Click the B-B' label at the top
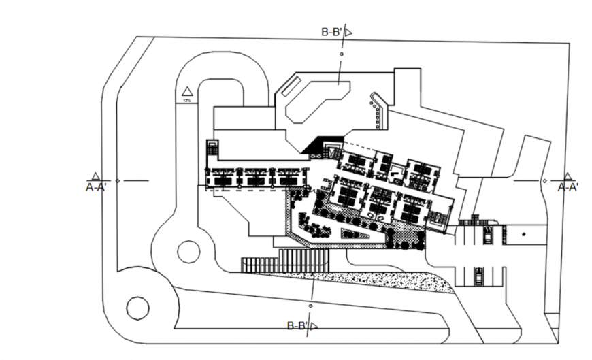click(331, 32)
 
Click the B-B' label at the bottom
click(297, 326)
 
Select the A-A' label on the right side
click(568, 186)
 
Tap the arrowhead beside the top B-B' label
click(348, 32)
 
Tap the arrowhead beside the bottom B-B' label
click(314, 327)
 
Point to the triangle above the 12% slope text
click(187, 91)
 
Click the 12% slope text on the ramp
click(186, 100)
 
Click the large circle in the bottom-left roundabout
click(137, 308)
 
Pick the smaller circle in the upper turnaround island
click(188, 251)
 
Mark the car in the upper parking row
click(487, 235)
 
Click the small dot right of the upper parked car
click(523, 234)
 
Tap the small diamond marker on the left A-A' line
click(118, 180)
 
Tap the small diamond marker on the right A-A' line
click(544, 180)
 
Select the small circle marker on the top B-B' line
click(342, 56)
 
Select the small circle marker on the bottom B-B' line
click(312, 299)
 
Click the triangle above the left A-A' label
click(96, 176)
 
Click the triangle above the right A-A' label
click(567, 176)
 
